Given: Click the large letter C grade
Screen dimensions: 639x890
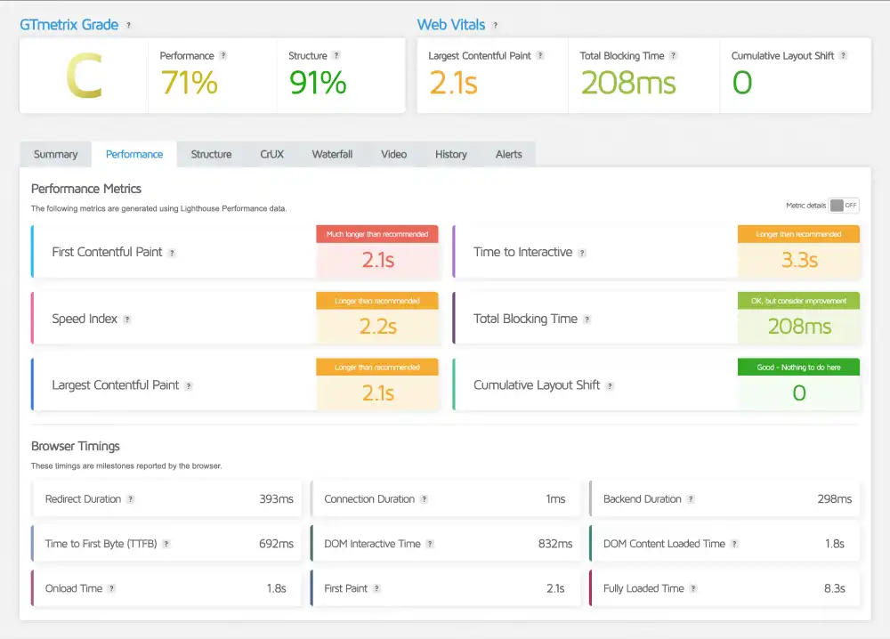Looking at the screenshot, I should tap(84, 77).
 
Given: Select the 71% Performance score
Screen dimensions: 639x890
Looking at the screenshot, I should tap(189, 83).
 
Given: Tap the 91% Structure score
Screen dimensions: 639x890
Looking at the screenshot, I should tap(318, 83).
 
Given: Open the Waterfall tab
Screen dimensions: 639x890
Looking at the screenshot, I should tap(332, 154).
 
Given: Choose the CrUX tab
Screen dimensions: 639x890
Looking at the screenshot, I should tap(271, 154).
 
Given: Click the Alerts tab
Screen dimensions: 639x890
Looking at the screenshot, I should tap(508, 154).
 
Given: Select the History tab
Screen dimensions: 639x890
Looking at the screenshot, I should tap(450, 154).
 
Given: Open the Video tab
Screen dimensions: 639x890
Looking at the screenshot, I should tap(393, 154).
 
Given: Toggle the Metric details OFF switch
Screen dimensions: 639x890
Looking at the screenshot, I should tap(843, 206).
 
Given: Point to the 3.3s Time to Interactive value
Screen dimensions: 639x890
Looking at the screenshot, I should tap(798, 261).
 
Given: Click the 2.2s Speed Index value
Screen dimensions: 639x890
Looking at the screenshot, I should tap(377, 327).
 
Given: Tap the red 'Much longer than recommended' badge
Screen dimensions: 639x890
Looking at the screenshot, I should tap(377, 234).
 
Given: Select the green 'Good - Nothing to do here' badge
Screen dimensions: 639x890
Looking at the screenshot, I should tap(798, 367).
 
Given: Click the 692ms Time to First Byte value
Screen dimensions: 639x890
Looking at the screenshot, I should tap(276, 544).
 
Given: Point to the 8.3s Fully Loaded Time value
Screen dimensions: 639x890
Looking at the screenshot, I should tap(834, 588).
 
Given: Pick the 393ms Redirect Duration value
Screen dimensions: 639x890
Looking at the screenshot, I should tap(276, 499).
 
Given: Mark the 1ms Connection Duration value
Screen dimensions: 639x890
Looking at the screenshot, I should tap(555, 499).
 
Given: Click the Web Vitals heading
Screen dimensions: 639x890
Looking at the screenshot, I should tap(451, 25).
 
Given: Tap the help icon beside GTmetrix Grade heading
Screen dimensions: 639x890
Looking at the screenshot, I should tap(129, 26).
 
